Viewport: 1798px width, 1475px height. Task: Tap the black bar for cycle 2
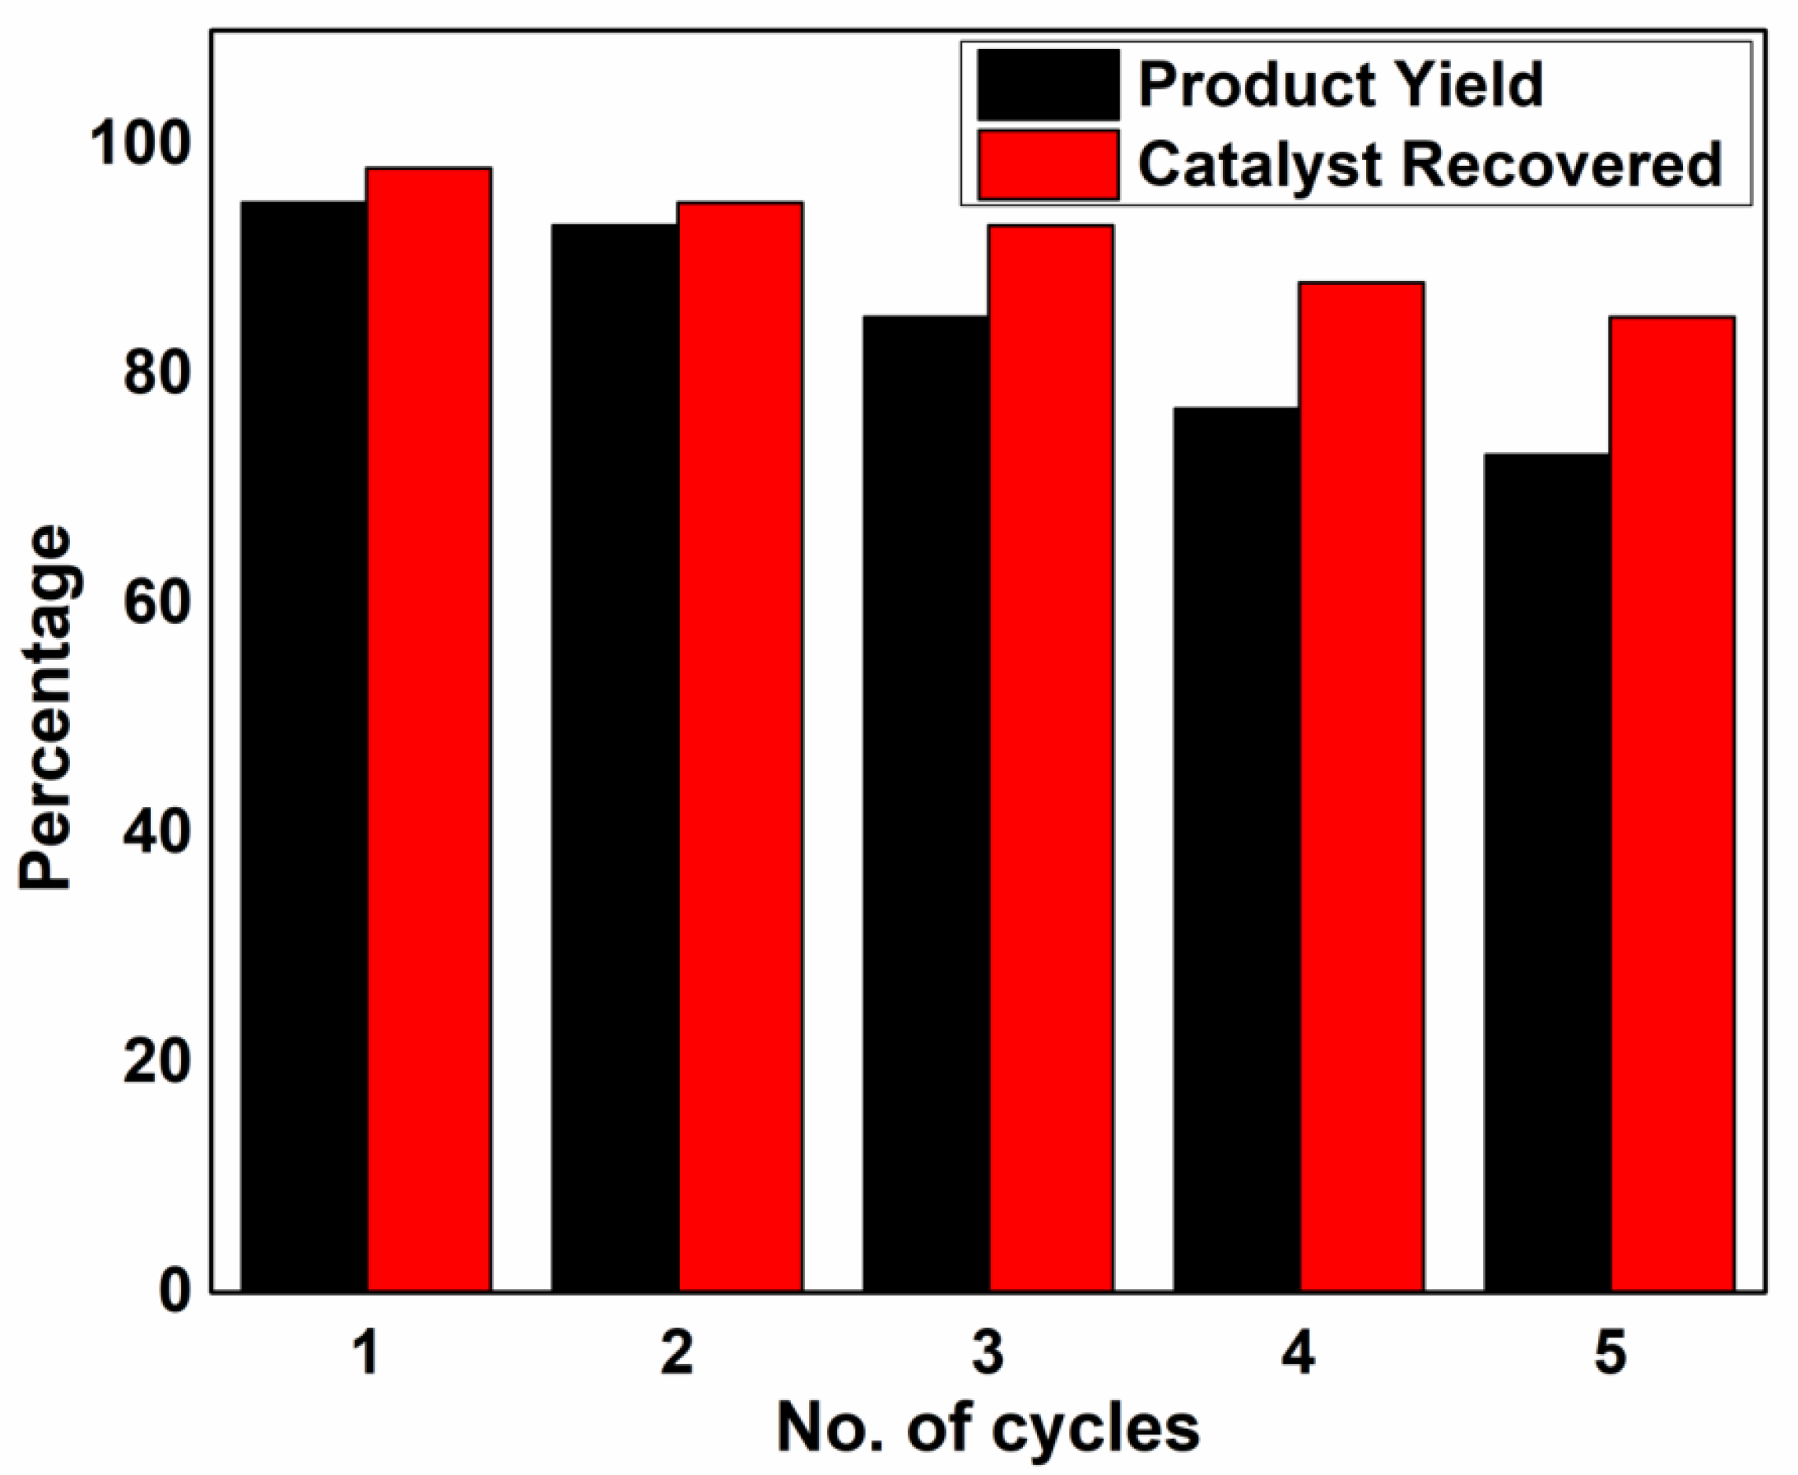pos(615,757)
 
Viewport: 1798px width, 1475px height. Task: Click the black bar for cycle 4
pos(1236,849)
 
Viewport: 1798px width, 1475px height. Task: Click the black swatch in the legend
pos(1047,85)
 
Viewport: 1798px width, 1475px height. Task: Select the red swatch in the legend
pos(1047,165)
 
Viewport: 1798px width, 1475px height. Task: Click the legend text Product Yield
pos(1341,85)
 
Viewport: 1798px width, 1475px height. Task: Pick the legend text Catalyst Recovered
pos(1430,165)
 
